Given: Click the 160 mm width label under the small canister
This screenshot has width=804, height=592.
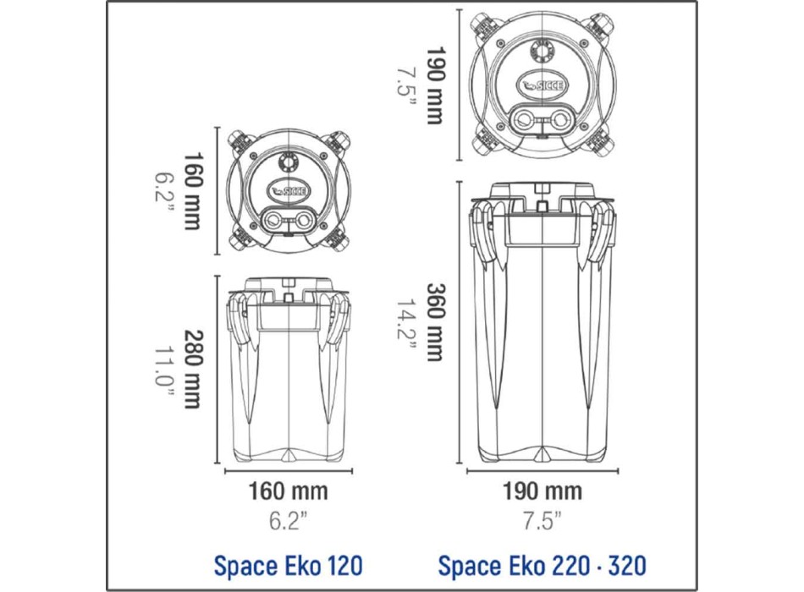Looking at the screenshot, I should point(288,491).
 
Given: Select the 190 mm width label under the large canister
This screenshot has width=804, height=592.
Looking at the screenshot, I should point(542,491).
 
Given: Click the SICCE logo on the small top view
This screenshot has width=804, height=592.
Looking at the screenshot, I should point(289,191).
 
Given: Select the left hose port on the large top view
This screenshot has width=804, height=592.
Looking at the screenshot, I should point(524,118).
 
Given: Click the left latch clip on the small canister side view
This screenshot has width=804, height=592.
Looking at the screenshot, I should point(240,321).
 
